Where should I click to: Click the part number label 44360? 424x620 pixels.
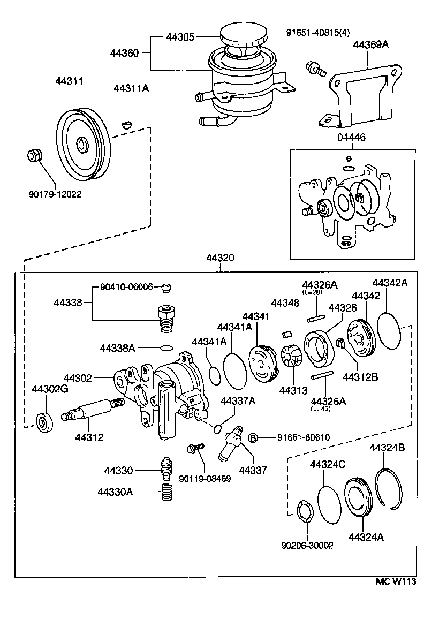point(124,53)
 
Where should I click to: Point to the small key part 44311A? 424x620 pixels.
point(127,124)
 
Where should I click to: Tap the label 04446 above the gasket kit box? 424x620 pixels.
point(351,138)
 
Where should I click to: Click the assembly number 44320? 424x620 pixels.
point(220,258)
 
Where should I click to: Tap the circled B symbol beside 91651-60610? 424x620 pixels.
point(253,437)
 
